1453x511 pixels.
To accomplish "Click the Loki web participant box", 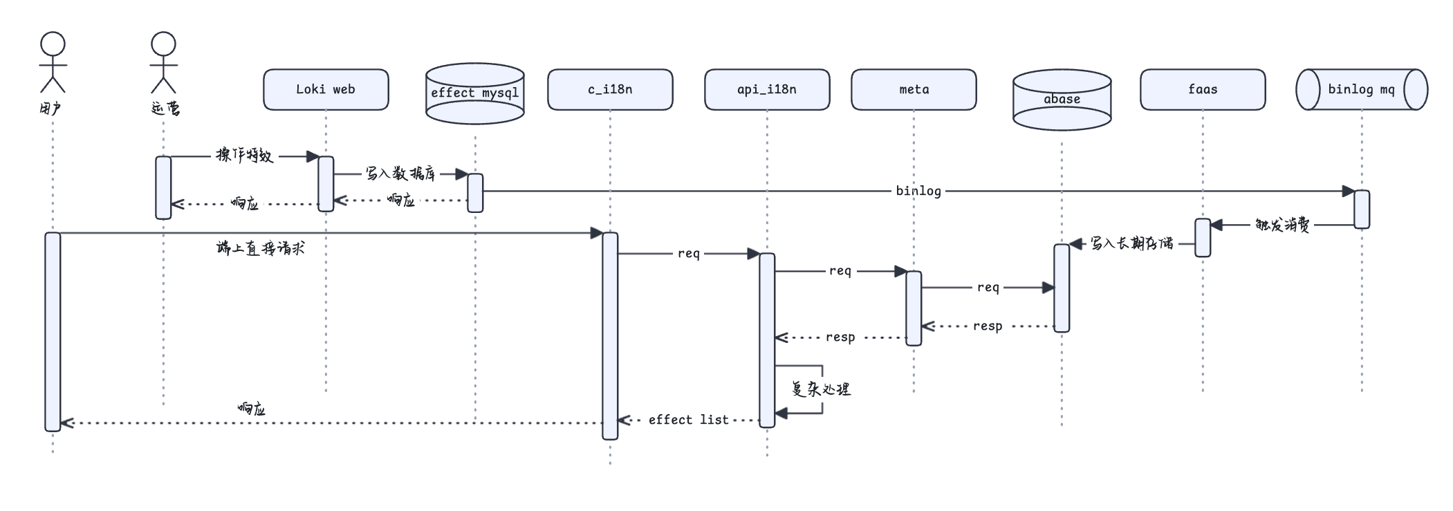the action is pyautogui.click(x=326, y=89).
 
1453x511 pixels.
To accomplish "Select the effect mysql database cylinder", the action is pyautogui.click(x=474, y=93).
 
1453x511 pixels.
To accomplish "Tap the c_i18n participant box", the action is pyautogui.click(x=610, y=89).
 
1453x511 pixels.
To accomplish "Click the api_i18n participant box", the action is pyautogui.click(x=767, y=89).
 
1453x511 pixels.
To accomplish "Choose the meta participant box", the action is pyautogui.click(x=914, y=89).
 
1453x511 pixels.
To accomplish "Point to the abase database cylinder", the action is pyautogui.click(x=1062, y=100).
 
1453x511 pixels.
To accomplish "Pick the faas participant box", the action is pyautogui.click(x=1203, y=89).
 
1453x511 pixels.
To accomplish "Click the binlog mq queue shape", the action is pyautogui.click(x=1362, y=89).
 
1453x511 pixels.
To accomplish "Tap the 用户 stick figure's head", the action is pyautogui.click(x=53, y=44).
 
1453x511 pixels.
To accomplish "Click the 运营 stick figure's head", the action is pyautogui.click(x=163, y=44).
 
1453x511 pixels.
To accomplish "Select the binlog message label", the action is pyautogui.click(x=918, y=191).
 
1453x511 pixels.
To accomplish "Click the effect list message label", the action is pyautogui.click(x=689, y=420).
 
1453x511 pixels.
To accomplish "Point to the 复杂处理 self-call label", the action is pyautogui.click(x=821, y=389).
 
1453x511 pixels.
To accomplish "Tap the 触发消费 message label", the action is pyautogui.click(x=1282, y=225).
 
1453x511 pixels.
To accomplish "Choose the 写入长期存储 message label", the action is pyautogui.click(x=1132, y=243).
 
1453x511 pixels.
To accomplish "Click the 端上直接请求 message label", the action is pyautogui.click(x=261, y=248).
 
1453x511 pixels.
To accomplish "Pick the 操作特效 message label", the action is pyautogui.click(x=245, y=156).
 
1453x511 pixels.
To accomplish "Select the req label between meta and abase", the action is pyautogui.click(x=988, y=288).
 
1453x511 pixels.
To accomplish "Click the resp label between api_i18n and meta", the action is pyautogui.click(x=840, y=337).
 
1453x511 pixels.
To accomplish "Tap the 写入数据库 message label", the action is pyautogui.click(x=400, y=174).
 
